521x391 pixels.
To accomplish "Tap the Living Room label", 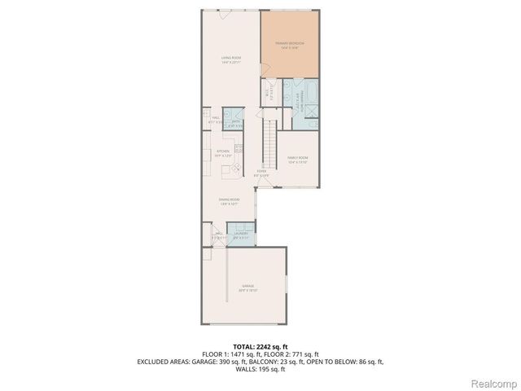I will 230,58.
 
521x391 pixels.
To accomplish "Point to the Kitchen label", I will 223,151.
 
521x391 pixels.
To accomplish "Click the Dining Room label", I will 229,200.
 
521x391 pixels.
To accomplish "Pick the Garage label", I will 247,287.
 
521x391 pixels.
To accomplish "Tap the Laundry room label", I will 242,234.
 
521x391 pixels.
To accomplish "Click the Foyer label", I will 261,171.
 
